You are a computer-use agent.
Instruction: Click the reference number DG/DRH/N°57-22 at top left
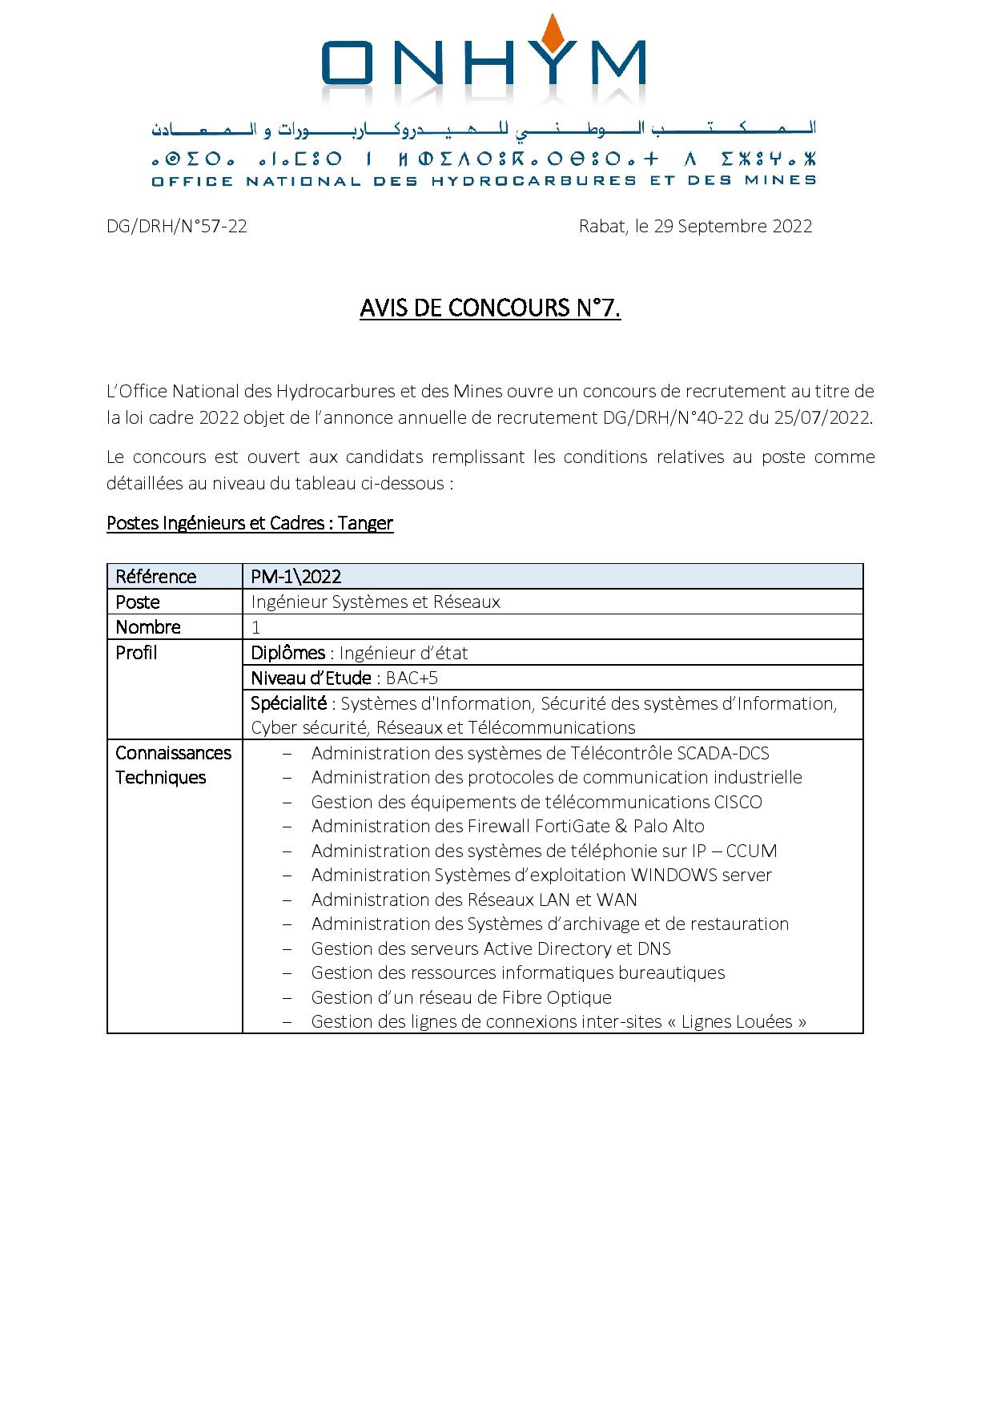coord(177,227)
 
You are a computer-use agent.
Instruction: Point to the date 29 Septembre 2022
coord(733,227)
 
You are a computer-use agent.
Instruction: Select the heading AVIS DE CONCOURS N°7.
coord(490,308)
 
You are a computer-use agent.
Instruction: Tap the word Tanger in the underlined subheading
coord(365,524)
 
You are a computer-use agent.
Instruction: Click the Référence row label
coord(155,577)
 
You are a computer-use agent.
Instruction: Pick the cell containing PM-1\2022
coord(296,577)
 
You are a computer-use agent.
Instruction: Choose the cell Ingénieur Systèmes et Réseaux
coord(376,602)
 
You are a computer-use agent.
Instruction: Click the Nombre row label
coord(148,627)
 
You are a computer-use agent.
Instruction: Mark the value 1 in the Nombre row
coord(256,627)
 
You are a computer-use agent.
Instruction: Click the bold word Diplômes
coord(288,653)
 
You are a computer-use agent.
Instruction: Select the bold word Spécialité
coord(289,703)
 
